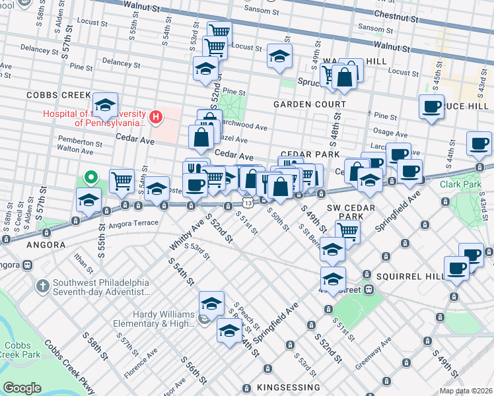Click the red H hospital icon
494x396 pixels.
click(x=156, y=117)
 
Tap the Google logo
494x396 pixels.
click(x=22, y=387)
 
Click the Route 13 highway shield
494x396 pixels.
click(x=246, y=196)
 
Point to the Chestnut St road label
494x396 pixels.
click(x=397, y=14)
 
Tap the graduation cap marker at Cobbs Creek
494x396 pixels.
click(x=105, y=104)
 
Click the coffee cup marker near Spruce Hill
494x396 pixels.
click(x=432, y=107)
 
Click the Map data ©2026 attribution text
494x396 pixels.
click(x=466, y=391)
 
